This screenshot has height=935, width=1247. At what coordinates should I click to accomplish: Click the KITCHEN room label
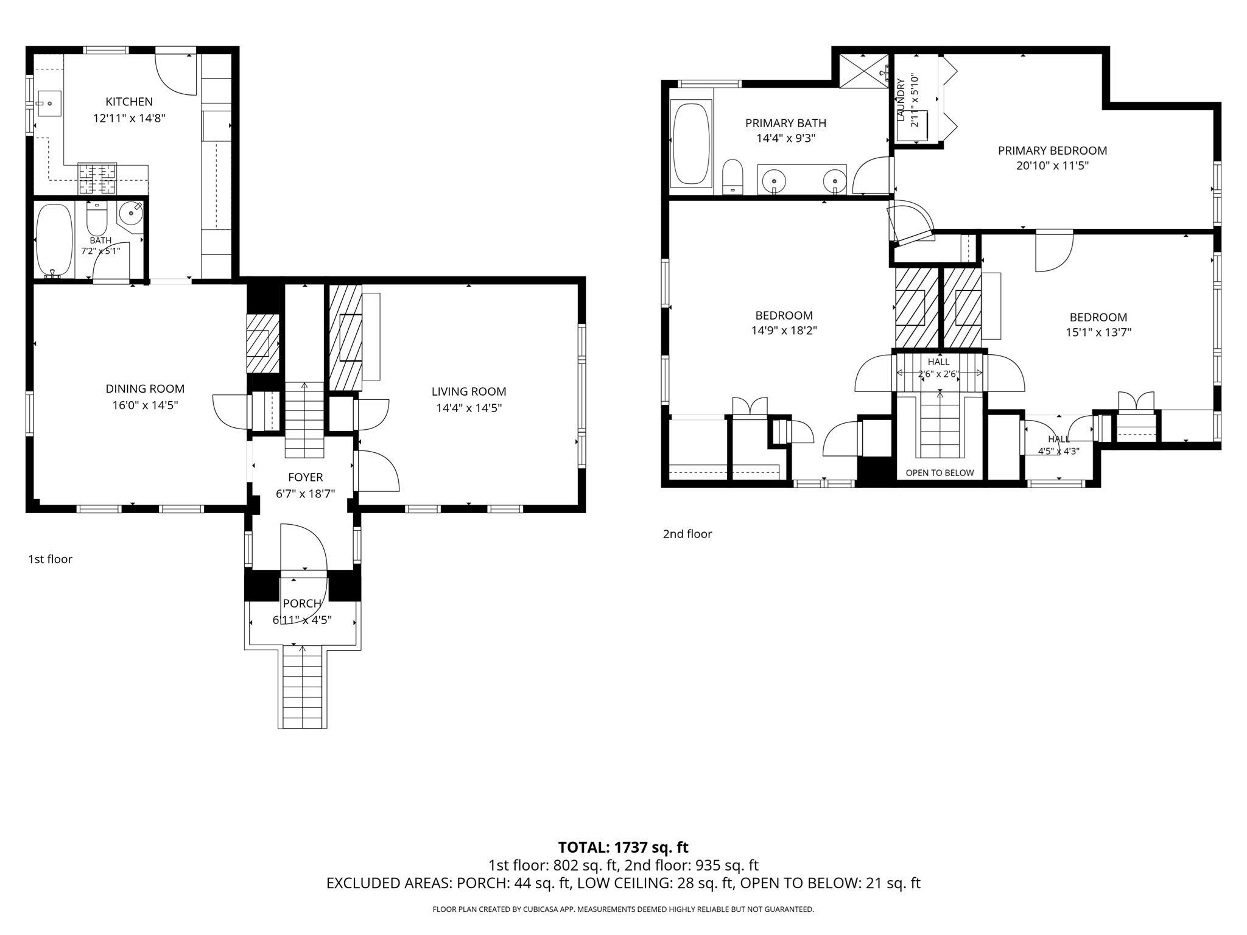[x=129, y=102]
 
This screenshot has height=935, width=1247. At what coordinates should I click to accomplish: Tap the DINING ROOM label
[x=145, y=389]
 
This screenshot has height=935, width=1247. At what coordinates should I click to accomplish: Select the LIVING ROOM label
[x=469, y=392]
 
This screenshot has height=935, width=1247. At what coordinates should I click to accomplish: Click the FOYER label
[x=306, y=478]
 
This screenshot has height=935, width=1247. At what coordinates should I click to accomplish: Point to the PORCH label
[x=302, y=604]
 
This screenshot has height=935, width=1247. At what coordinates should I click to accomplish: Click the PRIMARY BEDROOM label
[x=1052, y=150]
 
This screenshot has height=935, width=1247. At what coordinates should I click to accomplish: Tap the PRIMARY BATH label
[x=785, y=123]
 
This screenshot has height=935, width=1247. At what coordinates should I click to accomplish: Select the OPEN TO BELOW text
[x=940, y=473]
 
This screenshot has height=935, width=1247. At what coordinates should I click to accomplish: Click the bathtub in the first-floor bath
[x=54, y=240]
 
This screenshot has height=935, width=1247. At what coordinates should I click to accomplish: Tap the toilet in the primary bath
[x=732, y=177]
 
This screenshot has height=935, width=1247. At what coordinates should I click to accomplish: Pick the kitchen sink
[x=49, y=104]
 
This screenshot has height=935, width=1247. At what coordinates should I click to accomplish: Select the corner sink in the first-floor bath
[x=130, y=213]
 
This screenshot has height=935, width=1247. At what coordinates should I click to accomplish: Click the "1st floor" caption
[x=50, y=559]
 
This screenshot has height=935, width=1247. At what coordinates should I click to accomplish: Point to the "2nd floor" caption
[x=687, y=534]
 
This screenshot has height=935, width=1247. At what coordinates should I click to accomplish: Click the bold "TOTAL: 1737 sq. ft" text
[x=623, y=847]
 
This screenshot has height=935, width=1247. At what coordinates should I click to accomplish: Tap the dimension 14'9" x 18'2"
[x=784, y=331]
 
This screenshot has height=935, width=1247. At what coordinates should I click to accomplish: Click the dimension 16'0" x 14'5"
[x=145, y=405]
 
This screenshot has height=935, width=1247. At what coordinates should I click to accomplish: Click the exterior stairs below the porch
[x=303, y=688]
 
